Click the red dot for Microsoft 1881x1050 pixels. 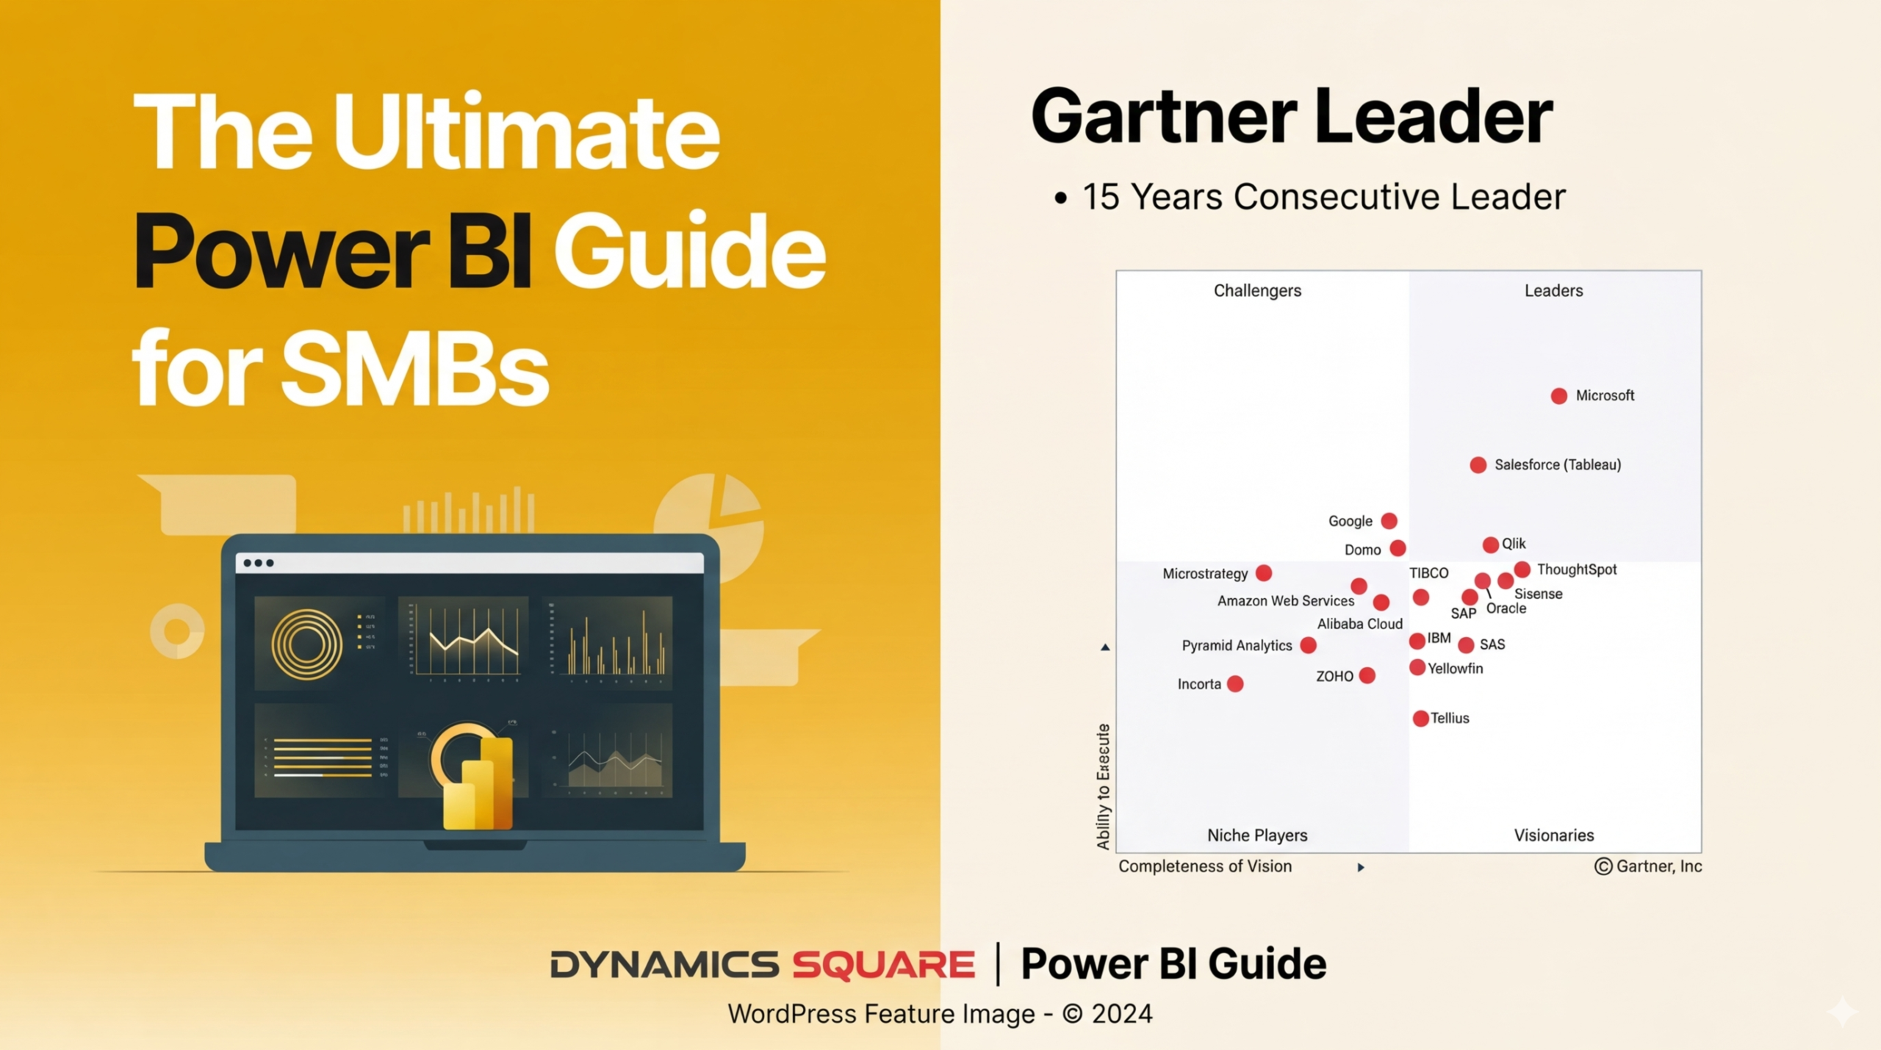1558,396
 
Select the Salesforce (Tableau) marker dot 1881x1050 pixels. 1478,465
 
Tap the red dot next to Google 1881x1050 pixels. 1389,521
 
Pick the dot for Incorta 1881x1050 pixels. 1235,684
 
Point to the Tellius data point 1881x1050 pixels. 1420,719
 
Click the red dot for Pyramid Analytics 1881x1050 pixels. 1308,645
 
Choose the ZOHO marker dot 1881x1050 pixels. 1367,676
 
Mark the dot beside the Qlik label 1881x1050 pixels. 1490,544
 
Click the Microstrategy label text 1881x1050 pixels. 1205,574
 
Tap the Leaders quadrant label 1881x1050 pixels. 1553,291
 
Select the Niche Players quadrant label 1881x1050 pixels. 1257,835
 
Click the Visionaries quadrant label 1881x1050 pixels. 1554,835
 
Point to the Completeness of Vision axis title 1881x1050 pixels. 1205,866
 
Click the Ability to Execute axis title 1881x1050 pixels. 1103,787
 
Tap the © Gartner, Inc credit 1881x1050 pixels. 1648,866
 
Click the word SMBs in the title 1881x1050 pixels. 415,369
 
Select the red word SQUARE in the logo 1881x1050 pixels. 883,965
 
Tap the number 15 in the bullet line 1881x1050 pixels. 1101,197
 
